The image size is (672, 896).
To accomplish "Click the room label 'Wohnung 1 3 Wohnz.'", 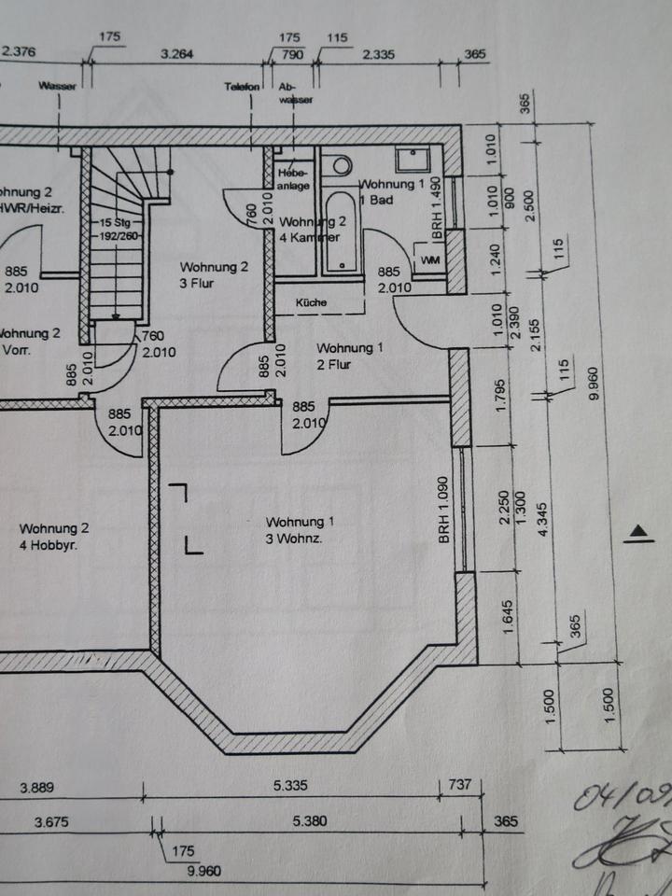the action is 296,528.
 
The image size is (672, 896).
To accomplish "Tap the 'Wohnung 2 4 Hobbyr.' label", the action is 54,535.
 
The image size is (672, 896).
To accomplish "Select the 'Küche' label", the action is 311,302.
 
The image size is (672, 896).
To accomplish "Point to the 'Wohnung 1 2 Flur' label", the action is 348,356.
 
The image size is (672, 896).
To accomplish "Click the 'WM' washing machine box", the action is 430,259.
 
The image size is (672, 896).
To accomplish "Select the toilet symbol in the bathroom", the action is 340,164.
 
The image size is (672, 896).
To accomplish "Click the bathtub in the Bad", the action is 342,233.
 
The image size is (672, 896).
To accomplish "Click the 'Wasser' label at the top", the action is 58,86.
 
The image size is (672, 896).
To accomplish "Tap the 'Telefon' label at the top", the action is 242,86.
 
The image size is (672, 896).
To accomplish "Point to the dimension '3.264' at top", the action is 176,54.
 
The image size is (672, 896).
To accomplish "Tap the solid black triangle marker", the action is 638,533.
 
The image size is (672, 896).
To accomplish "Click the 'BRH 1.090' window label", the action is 445,511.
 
